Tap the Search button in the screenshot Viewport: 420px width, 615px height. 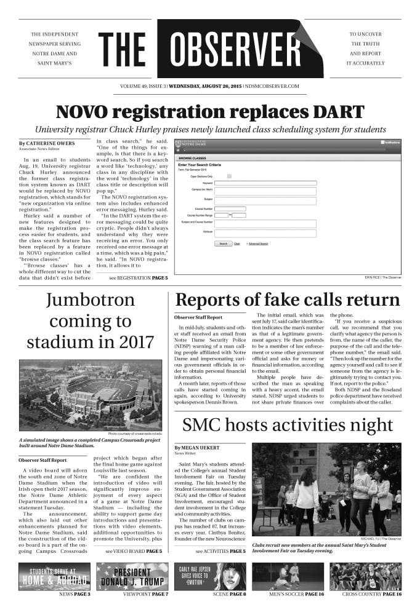[x=224, y=244]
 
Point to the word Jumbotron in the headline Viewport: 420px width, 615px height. [x=90, y=300]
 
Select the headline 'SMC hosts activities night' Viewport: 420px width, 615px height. [x=288, y=424]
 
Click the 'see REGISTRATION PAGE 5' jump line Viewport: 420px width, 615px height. [x=138, y=278]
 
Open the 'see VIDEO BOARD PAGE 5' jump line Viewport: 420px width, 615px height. [x=134, y=551]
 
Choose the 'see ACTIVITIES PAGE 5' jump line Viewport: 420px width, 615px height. [x=220, y=551]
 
